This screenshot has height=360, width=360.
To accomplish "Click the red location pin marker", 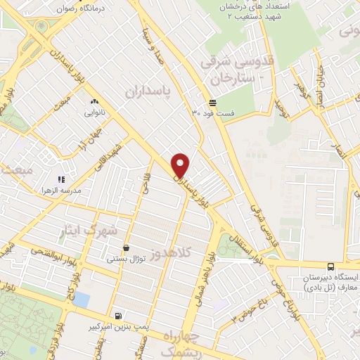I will pyautogui.click(x=181, y=165).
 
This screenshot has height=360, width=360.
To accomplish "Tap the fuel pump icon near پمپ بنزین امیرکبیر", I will pyautogui.click(x=117, y=316).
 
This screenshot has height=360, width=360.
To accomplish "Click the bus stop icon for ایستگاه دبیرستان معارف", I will pyautogui.click(x=330, y=266).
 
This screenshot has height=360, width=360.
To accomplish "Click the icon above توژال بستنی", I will pyautogui.click(x=126, y=247).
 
